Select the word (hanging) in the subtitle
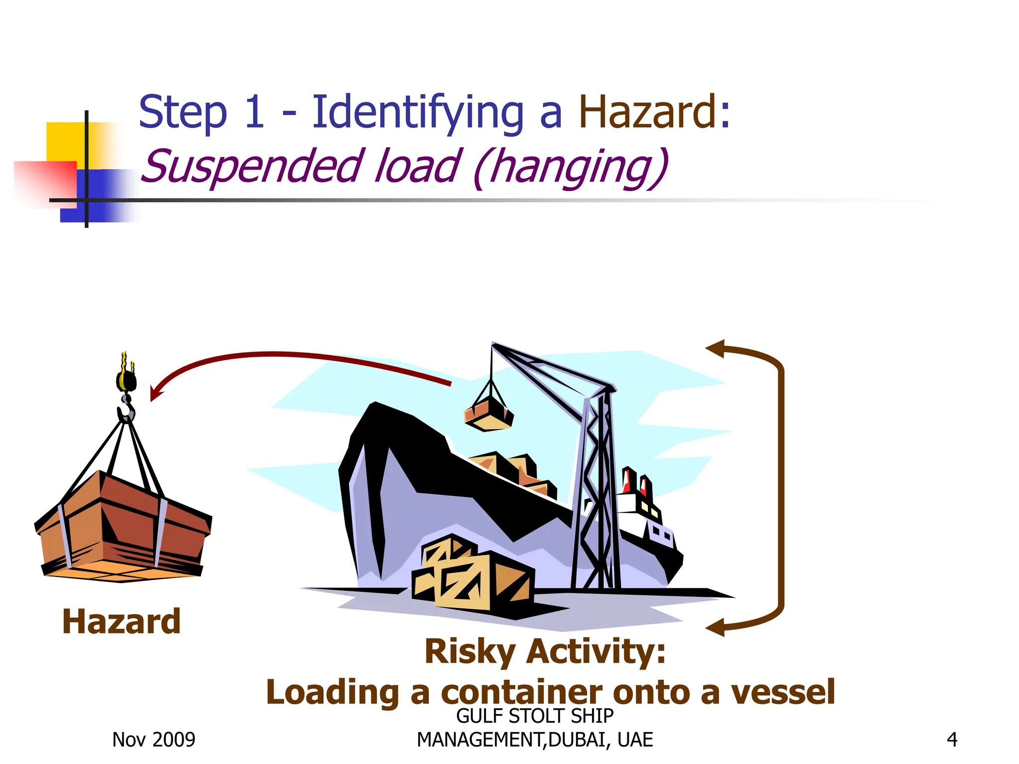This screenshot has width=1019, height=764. click(571, 168)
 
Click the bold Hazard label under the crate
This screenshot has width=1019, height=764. click(121, 622)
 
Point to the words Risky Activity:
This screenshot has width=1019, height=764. click(545, 652)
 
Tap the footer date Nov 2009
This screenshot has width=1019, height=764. click(154, 740)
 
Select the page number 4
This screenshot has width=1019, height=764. click(952, 740)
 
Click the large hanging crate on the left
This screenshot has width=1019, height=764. click(123, 525)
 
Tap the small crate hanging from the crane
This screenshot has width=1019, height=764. click(488, 414)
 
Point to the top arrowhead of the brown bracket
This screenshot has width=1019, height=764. click(715, 348)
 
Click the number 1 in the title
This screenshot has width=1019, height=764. click(254, 112)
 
